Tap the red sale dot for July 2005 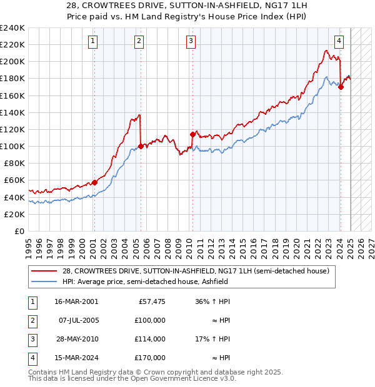(x=141, y=147)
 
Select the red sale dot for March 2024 (x=341, y=87)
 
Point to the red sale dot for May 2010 (x=192, y=134)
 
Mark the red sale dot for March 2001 (x=94, y=182)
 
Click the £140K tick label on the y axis (x=12, y=112)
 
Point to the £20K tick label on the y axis (x=14, y=214)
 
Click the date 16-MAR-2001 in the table (x=76, y=301)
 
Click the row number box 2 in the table (x=32, y=320)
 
